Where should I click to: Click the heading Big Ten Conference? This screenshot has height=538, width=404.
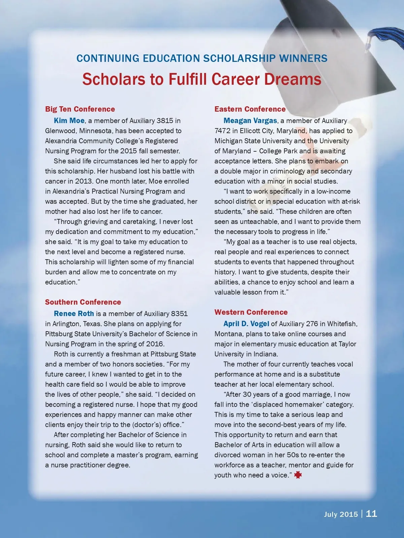pos(80,109)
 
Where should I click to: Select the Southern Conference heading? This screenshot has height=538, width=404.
pos(83,302)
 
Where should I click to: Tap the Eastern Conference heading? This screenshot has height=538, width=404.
pos(250,109)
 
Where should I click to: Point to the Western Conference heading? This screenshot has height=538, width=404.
pos(251,312)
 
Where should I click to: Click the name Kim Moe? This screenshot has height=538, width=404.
pos(69,121)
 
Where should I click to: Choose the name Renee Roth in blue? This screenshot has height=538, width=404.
pos(74,314)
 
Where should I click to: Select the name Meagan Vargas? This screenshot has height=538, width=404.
pos(250,121)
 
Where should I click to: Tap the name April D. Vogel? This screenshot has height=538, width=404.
pos(246,324)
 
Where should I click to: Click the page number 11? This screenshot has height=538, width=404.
pos(371,513)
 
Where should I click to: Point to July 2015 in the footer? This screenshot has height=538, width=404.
pos(341,514)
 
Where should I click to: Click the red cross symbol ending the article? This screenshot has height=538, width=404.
pos(298,475)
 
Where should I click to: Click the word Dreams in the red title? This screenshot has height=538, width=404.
pos(293,79)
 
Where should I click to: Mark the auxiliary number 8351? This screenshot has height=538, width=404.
pos(179,314)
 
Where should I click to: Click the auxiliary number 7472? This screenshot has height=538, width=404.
pos(222,131)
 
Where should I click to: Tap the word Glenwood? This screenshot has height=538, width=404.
pos(60,131)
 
